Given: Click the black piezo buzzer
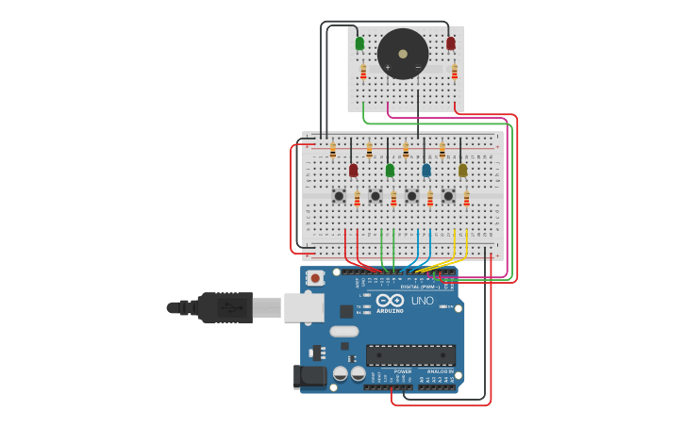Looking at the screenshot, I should [x=403, y=54].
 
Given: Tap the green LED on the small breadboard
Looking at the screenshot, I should [x=359, y=43].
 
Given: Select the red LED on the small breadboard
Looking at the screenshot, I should [x=451, y=43].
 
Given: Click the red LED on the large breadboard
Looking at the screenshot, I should [x=353, y=170].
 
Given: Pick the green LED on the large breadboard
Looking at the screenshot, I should [x=390, y=170].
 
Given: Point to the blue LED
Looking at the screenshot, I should [x=426, y=170].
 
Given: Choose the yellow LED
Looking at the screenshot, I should [x=462, y=170].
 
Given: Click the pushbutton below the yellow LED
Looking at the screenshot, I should [x=448, y=196].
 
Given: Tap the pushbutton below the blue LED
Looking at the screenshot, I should [x=411, y=196].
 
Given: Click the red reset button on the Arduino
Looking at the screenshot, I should [x=315, y=278].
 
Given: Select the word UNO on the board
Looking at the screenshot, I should [x=423, y=301].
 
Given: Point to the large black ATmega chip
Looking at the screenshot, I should [x=410, y=355].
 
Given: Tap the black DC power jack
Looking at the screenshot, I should [x=309, y=378].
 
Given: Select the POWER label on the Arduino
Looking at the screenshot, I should [x=403, y=371].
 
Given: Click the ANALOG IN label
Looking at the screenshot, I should [x=439, y=371].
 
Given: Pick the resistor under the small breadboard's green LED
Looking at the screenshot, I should [x=363, y=72].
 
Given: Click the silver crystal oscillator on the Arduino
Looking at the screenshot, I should [x=344, y=331].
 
